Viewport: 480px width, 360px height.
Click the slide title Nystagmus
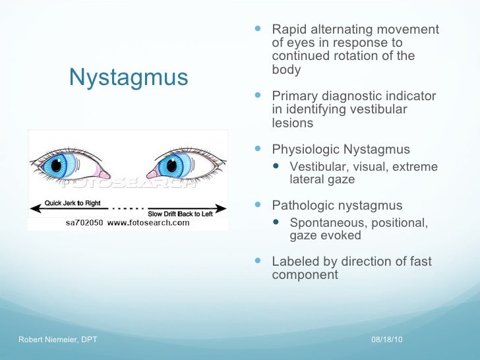tap(129, 78)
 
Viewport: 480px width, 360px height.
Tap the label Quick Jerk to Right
tap(73, 203)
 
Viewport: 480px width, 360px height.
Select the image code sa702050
tap(84, 223)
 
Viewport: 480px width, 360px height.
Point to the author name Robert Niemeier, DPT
tap(59, 339)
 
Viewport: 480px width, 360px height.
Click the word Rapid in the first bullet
tap(289, 30)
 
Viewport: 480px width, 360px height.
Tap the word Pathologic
tap(304, 206)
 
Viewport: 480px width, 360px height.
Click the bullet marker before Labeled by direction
tap(258, 262)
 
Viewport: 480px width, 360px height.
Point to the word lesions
tap(292, 123)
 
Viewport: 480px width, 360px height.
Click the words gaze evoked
tap(325, 235)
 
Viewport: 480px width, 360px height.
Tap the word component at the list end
tap(305, 275)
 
